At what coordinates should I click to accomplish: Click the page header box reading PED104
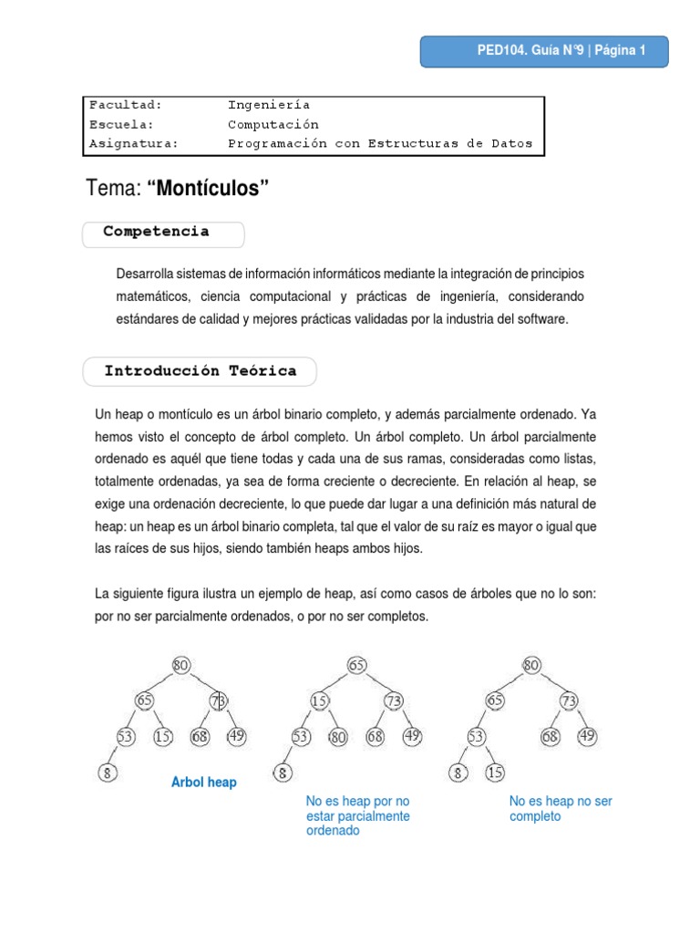tap(544, 52)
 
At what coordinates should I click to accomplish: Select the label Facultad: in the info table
tap(126, 105)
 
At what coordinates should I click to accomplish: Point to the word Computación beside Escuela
tap(273, 124)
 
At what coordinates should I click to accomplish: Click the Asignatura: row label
tap(134, 143)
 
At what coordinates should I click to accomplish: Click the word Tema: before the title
tap(114, 189)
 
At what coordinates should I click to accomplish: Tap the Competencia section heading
tap(156, 232)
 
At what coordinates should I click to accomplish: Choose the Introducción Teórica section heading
tap(201, 371)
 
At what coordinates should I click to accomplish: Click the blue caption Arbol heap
tap(204, 783)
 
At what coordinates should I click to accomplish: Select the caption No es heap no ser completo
tap(561, 809)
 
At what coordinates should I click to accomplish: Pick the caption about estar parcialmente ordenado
tap(358, 816)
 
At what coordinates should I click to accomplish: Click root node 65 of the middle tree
tap(356, 665)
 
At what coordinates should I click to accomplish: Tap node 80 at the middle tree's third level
tap(339, 737)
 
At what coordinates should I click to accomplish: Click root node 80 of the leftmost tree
tap(181, 665)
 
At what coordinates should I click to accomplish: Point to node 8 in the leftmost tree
tap(107, 774)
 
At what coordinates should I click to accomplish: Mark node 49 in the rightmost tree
tap(587, 736)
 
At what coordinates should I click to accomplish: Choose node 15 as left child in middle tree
tap(319, 700)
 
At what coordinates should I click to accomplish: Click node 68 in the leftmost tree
tap(201, 736)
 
